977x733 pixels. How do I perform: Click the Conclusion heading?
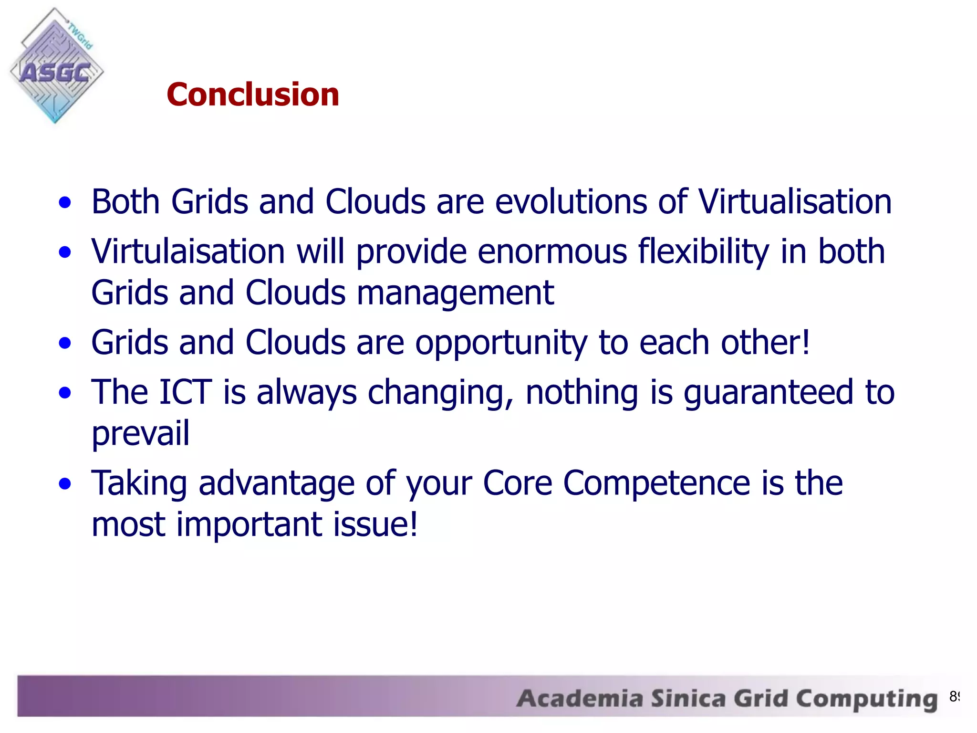253,94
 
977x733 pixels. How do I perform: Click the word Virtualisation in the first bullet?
795,202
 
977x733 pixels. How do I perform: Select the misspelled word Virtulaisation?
188,251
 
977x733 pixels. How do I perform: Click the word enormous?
552,251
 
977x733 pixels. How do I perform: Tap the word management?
455,293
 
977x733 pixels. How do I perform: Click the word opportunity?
501,343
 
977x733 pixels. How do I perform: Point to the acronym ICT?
185,392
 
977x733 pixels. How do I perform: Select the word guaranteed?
768,392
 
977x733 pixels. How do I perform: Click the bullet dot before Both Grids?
65,202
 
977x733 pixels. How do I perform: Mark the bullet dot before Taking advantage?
65,484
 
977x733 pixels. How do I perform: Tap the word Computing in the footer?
866,699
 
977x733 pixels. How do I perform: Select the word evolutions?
571,202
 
